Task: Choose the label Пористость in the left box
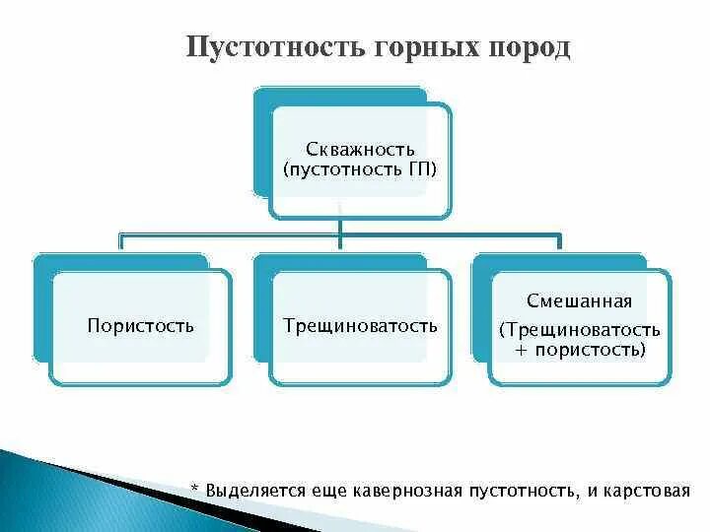(140, 325)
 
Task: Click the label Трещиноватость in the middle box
(360, 325)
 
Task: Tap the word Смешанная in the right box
(580, 301)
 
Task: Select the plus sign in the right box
(523, 350)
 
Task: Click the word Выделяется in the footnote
(248, 490)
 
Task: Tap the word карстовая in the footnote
(651, 490)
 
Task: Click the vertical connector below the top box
(340, 229)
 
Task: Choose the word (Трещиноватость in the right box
(580, 328)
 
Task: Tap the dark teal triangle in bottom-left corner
(39, 493)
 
